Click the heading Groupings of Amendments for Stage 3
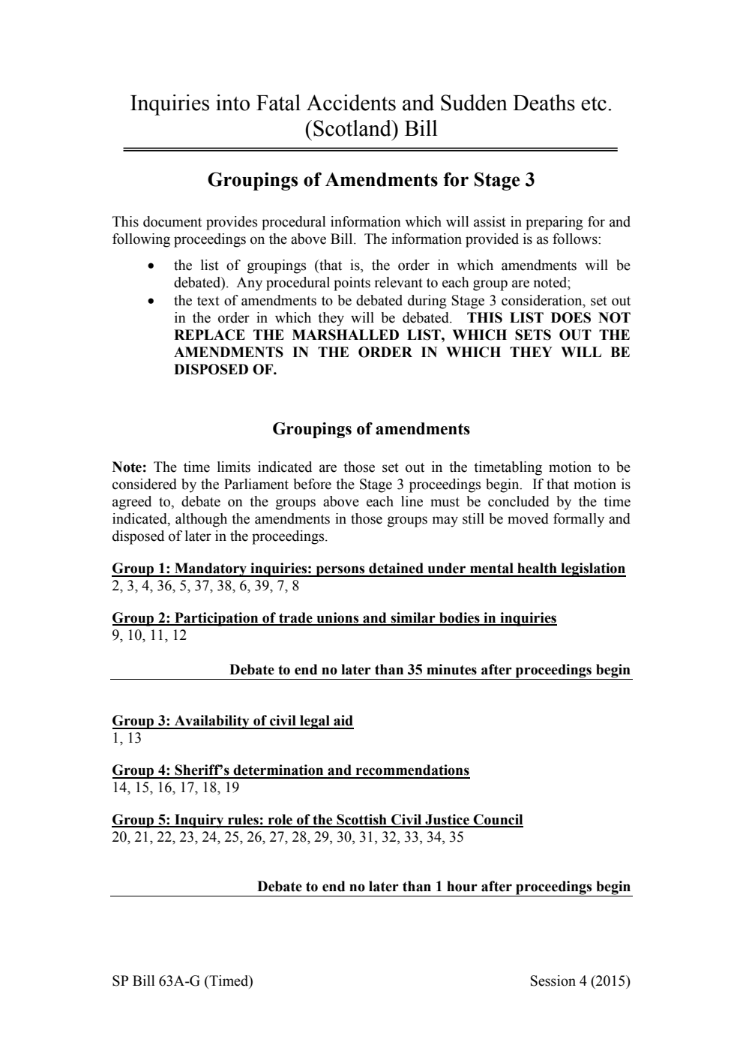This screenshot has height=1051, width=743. (370, 180)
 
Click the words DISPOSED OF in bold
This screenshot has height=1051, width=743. (225, 370)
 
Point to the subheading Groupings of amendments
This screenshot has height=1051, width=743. (370, 429)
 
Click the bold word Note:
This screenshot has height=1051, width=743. (129, 467)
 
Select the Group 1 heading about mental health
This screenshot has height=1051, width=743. (368, 569)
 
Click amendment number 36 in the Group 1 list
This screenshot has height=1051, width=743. (164, 586)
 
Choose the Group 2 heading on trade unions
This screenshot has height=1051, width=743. (334, 618)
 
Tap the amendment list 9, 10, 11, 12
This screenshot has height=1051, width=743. (149, 635)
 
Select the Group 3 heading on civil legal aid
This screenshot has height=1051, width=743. (232, 721)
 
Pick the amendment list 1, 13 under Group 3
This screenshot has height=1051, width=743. (126, 738)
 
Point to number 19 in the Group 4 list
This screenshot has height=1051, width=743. (232, 788)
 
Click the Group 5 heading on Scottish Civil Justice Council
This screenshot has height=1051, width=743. (317, 820)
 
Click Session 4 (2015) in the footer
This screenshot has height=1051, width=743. (579, 981)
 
